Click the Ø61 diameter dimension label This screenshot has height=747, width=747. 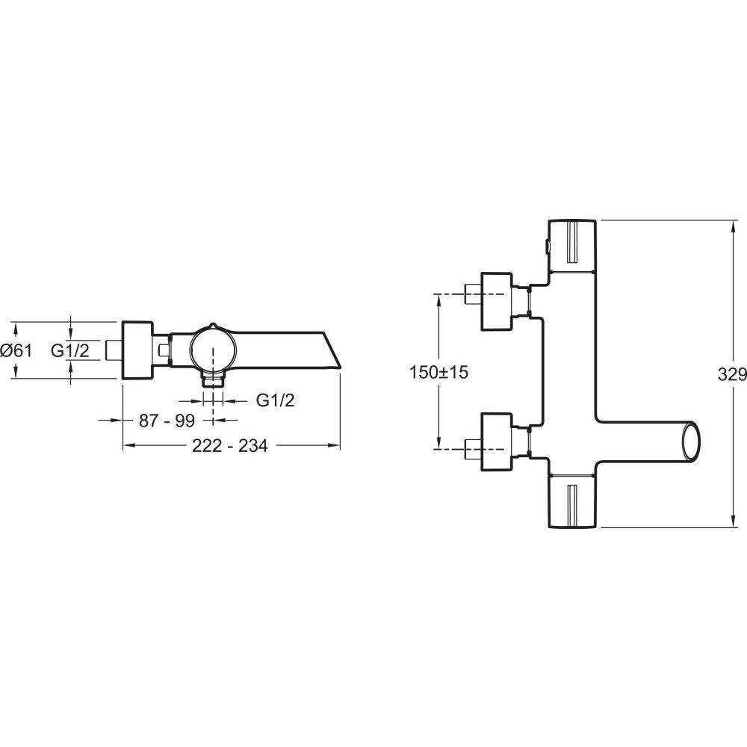(16, 350)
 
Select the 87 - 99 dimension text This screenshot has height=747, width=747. (167, 421)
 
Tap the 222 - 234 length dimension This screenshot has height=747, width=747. (229, 445)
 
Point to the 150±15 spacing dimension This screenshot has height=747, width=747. (438, 372)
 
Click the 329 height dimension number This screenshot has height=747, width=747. (732, 375)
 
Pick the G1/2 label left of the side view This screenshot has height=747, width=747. (70, 350)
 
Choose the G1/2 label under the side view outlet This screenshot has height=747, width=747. (276, 400)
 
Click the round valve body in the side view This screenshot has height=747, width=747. (213, 349)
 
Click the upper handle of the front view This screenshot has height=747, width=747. (572, 246)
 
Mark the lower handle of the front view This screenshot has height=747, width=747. (572, 501)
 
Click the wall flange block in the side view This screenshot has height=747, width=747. (137, 350)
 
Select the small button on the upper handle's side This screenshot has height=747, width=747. (547, 247)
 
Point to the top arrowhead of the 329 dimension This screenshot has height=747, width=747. (733, 227)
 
